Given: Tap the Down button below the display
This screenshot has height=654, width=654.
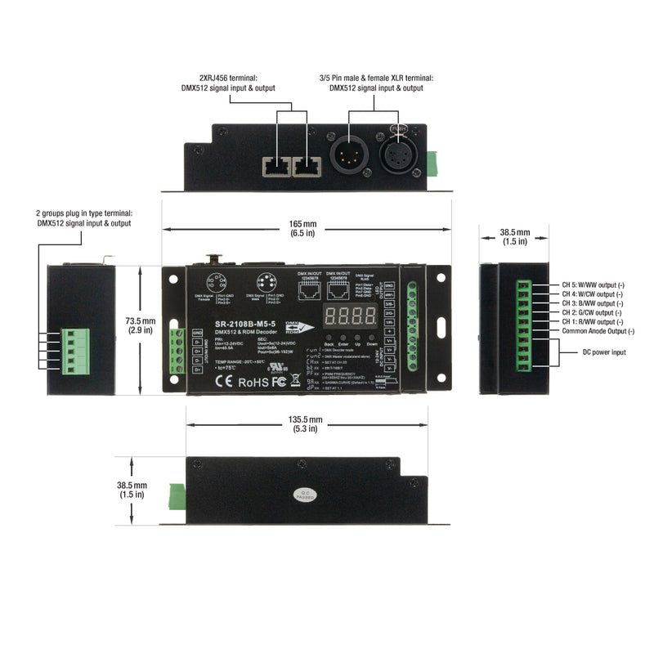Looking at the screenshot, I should point(372,338).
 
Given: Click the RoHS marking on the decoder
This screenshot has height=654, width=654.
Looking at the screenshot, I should point(249,381).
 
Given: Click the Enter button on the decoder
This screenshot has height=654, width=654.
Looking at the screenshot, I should point(343,338).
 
